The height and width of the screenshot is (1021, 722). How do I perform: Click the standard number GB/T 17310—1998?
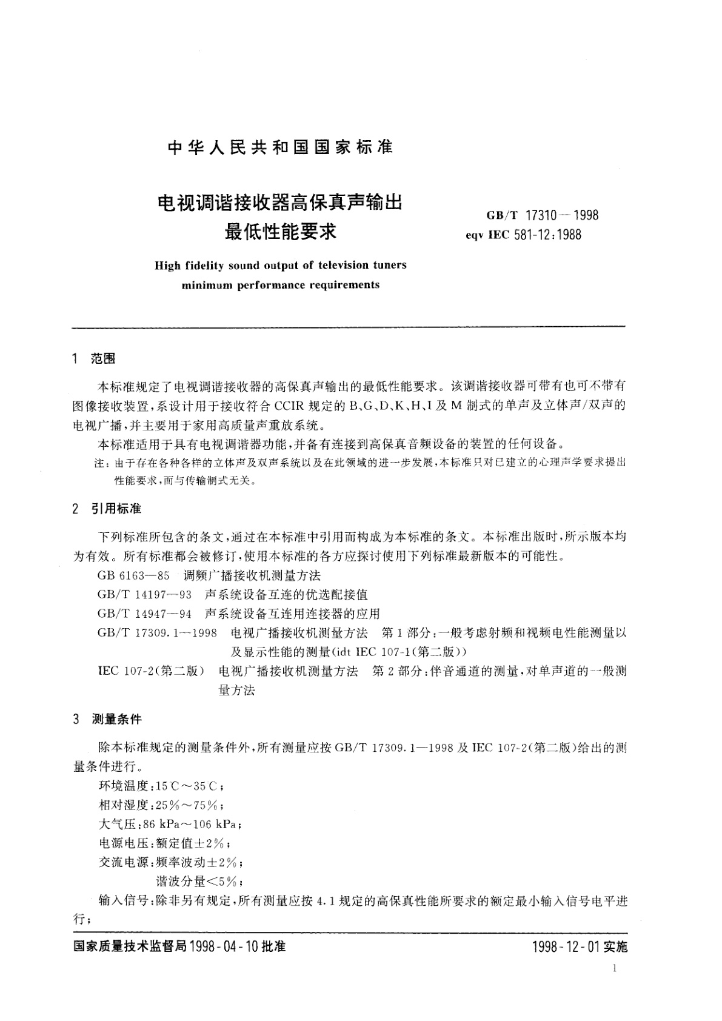[542, 215]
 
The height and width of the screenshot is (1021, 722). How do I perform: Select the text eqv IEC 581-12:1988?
[523, 235]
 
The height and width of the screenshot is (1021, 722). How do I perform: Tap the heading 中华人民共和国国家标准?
[280, 147]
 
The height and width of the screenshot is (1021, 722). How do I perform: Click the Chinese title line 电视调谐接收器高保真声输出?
[280, 203]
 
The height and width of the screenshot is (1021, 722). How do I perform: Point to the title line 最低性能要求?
[280, 231]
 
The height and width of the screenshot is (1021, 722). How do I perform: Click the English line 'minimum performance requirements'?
[281, 284]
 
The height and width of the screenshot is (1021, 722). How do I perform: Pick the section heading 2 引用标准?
[107, 508]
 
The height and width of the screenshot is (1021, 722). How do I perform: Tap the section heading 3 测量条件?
[107, 719]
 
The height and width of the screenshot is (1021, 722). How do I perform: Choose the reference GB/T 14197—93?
[144, 594]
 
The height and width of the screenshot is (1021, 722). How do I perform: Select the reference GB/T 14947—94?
[144, 614]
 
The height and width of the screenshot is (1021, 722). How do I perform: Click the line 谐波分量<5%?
[200, 882]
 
